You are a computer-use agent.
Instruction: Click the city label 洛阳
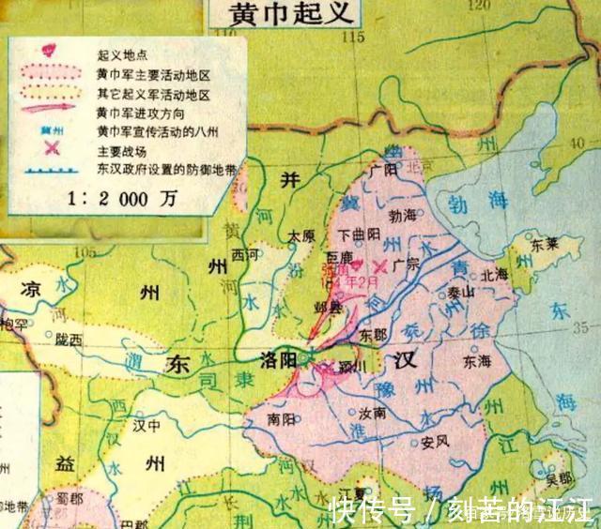point(283,357)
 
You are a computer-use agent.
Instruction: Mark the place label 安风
point(434,441)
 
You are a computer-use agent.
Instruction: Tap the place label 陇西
point(69,340)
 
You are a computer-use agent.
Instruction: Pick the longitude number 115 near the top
point(351,37)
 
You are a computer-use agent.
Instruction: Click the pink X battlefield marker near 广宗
point(379,265)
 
